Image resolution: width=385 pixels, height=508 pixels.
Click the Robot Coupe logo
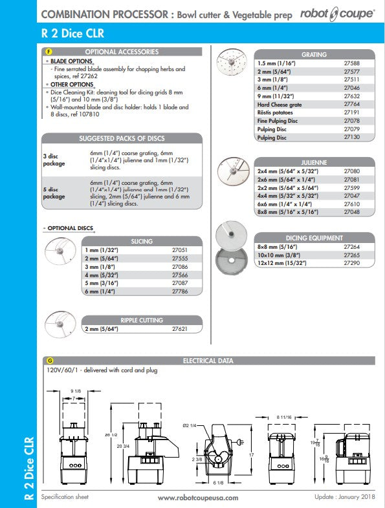click(337, 14)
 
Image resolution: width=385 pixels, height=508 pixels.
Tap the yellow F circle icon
click(49, 52)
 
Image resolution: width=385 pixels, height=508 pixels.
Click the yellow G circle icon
click(50, 361)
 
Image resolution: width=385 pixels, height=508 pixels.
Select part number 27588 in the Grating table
click(351, 63)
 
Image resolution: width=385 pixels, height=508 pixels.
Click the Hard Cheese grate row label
click(280, 105)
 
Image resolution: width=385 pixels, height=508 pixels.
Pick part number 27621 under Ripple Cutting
click(180, 329)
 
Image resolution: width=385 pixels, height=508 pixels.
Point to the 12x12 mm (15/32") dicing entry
click(282, 263)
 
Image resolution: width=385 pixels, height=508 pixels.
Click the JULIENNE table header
click(314, 162)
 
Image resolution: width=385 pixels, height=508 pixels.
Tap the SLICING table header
click(142, 241)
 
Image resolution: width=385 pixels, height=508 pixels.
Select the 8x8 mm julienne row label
click(288, 212)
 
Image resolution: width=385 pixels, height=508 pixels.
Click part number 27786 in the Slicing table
click(180, 291)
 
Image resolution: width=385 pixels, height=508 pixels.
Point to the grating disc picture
click(231, 62)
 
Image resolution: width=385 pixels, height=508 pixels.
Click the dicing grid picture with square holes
click(231, 260)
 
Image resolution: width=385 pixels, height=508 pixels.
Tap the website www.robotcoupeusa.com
click(198, 498)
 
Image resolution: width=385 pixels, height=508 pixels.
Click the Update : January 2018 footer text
click(344, 496)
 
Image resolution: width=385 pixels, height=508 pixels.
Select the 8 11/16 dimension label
click(284, 418)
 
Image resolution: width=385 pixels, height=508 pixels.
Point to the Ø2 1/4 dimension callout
click(190, 425)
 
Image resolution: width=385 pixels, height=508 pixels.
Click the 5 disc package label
click(54, 193)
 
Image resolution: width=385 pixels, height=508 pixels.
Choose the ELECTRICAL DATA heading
click(208, 361)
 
